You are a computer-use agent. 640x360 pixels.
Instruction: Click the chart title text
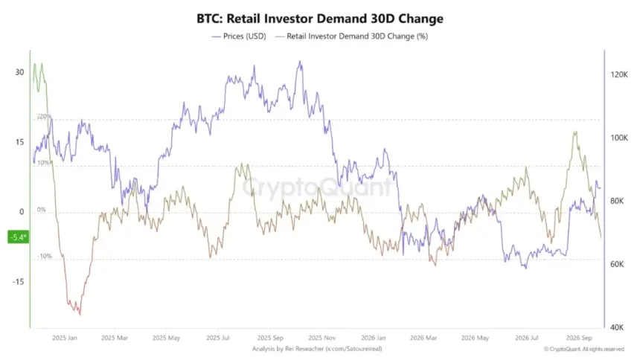point(319,19)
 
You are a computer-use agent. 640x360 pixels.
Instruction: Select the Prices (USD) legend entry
point(239,36)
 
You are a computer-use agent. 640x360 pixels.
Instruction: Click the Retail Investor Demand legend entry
point(352,36)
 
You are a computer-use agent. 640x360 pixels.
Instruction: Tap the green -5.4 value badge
point(19,237)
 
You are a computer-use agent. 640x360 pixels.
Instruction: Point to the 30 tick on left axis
point(19,72)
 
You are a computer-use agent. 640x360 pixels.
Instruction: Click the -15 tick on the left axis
point(18,282)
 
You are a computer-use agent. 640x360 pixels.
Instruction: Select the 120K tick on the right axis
point(619,74)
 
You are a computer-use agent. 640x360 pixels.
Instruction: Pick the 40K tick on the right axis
point(617,327)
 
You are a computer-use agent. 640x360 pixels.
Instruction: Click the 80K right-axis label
point(617,201)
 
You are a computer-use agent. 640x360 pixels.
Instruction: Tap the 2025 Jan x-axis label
point(65,338)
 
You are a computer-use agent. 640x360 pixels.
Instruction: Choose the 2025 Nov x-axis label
point(322,338)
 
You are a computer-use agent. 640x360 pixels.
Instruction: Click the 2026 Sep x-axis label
point(579,338)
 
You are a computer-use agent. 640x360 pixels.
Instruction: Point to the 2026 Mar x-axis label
point(423,338)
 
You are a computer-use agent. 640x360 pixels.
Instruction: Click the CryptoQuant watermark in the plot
point(317,187)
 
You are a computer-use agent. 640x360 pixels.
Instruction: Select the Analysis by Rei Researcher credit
point(317,349)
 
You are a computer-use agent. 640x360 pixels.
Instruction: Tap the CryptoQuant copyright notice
point(584,349)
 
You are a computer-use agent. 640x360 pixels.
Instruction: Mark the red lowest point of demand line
point(80,315)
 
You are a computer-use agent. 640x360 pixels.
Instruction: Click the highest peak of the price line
point(300,62)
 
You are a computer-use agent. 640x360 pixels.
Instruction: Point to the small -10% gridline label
point(45,257)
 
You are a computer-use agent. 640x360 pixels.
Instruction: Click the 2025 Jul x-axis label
point(218,338)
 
